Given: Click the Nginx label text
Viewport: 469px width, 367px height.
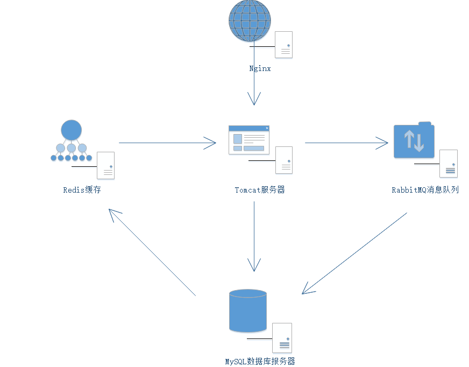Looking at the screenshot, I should point(260,68).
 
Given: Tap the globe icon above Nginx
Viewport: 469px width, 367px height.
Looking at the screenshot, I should point(250,20).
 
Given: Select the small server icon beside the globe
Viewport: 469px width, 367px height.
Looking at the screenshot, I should point(283,45).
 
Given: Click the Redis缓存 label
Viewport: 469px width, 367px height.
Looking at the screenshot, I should point(82,190).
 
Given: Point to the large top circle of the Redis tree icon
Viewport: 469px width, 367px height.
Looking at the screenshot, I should point(72,130).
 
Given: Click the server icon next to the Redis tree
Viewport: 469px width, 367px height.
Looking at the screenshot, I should point(105,165).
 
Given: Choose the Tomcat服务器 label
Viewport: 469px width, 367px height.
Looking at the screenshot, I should point(260,190).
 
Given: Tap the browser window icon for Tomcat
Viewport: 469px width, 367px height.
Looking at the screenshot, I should point(249,140).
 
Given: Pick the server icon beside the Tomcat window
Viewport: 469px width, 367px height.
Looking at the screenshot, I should point(284,160).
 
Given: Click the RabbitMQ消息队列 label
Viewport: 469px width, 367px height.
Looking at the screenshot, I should point(425,190).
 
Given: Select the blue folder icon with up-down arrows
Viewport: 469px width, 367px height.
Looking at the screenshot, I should point(414,140).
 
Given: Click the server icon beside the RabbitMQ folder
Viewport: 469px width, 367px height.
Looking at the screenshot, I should point(449,164).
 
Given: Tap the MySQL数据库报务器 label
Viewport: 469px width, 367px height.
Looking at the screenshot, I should point(260,362).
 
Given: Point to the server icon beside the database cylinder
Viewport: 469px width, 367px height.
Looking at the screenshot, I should point(282,337).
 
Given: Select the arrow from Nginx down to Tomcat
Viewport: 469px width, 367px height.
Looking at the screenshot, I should point(254,75).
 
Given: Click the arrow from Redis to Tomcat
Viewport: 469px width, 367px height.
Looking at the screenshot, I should point(167,143).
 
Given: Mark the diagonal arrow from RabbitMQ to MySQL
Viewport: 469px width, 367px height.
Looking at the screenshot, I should point(355,253).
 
